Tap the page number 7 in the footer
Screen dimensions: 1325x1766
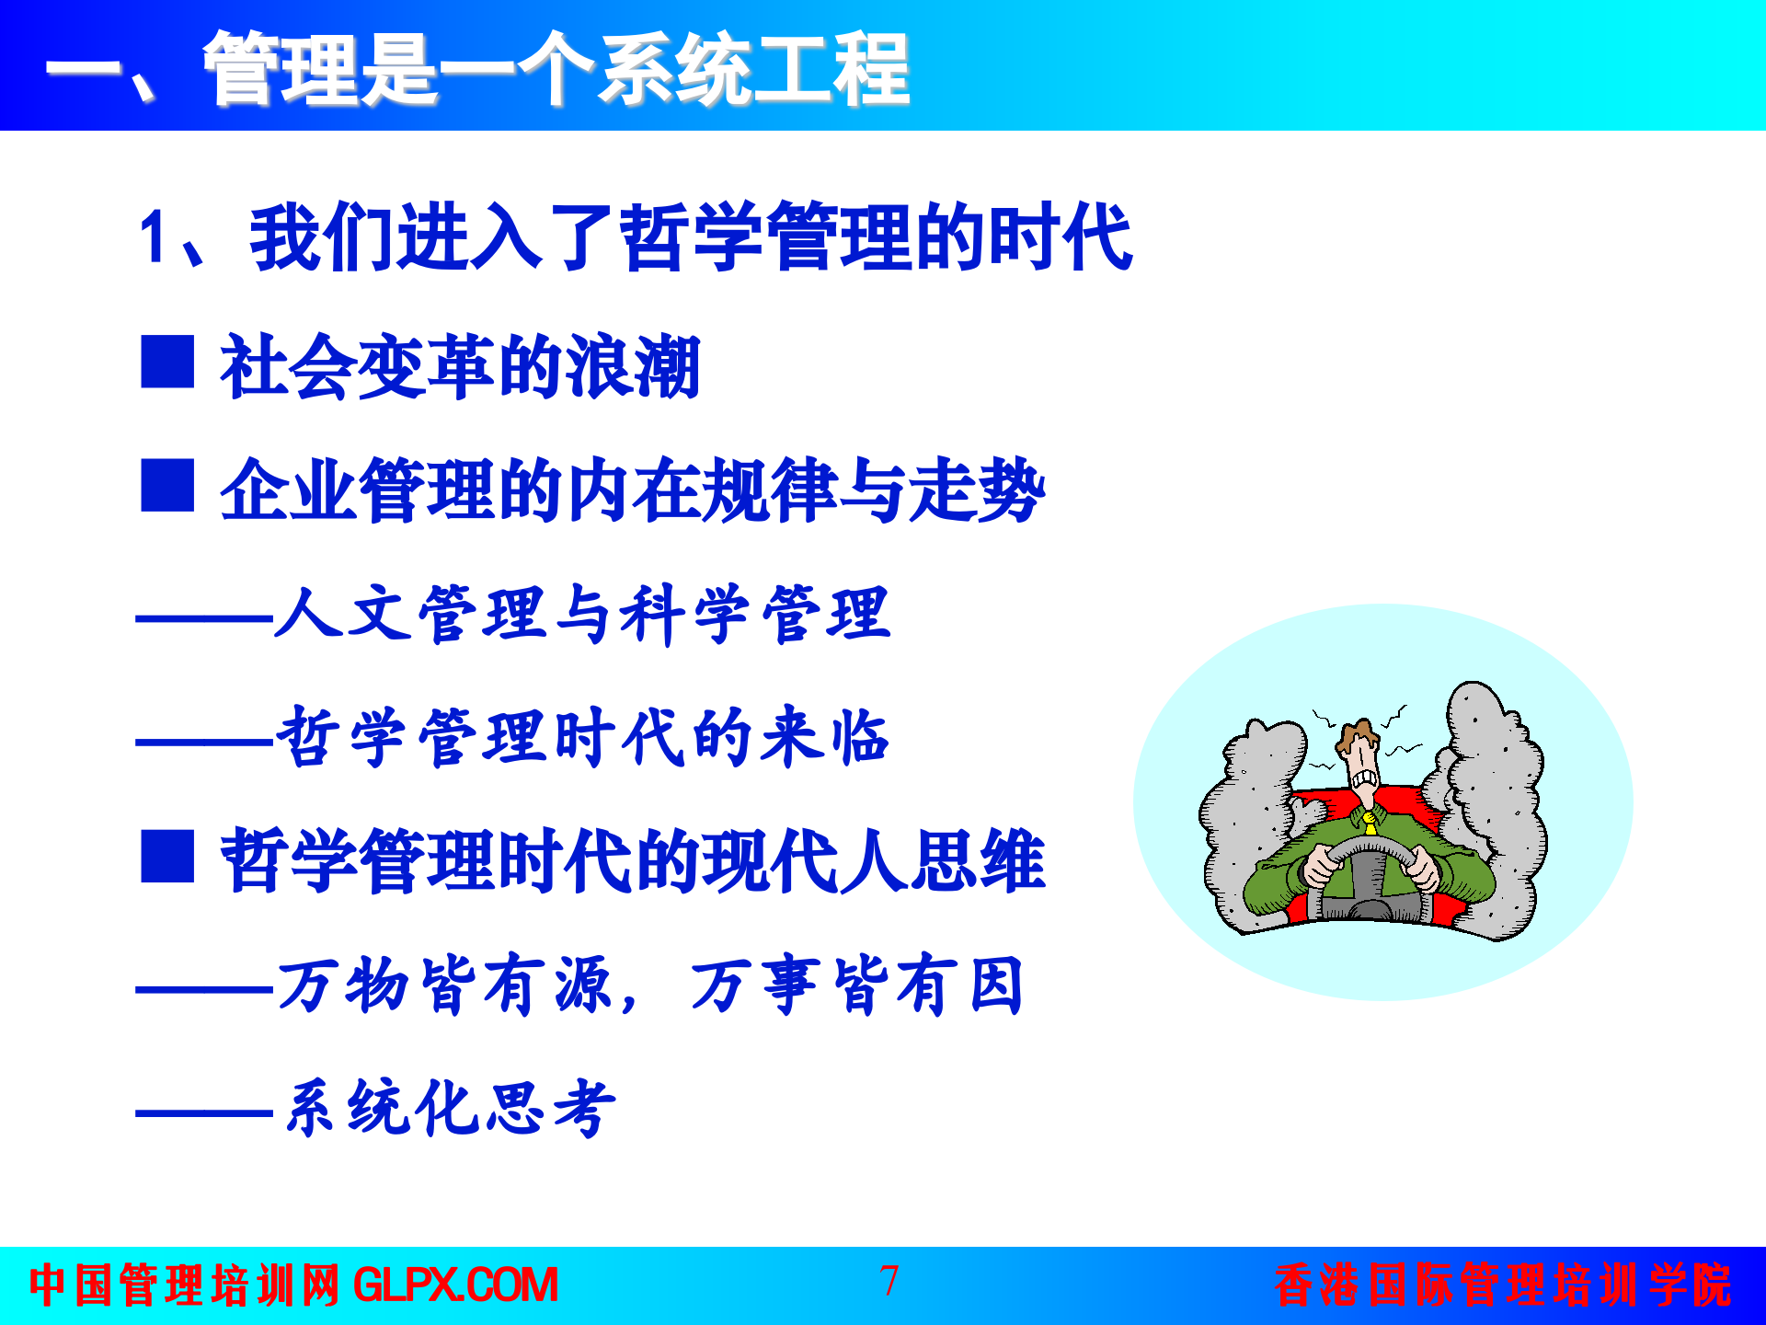pyautogui.click(x=889, y=1281)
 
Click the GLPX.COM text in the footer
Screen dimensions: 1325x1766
pyautogui.click(x=455, y=1285)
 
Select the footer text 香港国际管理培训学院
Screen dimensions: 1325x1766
pyautogui.click(x=1503, y=1285)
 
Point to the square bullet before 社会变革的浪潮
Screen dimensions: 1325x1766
pyautogui.click(x=167, y=362)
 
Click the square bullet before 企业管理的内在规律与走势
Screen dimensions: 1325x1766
pyautogui.click(x=167, y=485)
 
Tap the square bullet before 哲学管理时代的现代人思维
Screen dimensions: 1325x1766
pyautogui.click(x=167, y=857)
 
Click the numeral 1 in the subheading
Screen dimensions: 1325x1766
pyautogui.click(x=153, y=238)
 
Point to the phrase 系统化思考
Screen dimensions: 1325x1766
pyautogui.click(x=450, y=1108)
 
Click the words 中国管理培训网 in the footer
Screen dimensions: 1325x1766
pyautogui.click(x=184, y=1285)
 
